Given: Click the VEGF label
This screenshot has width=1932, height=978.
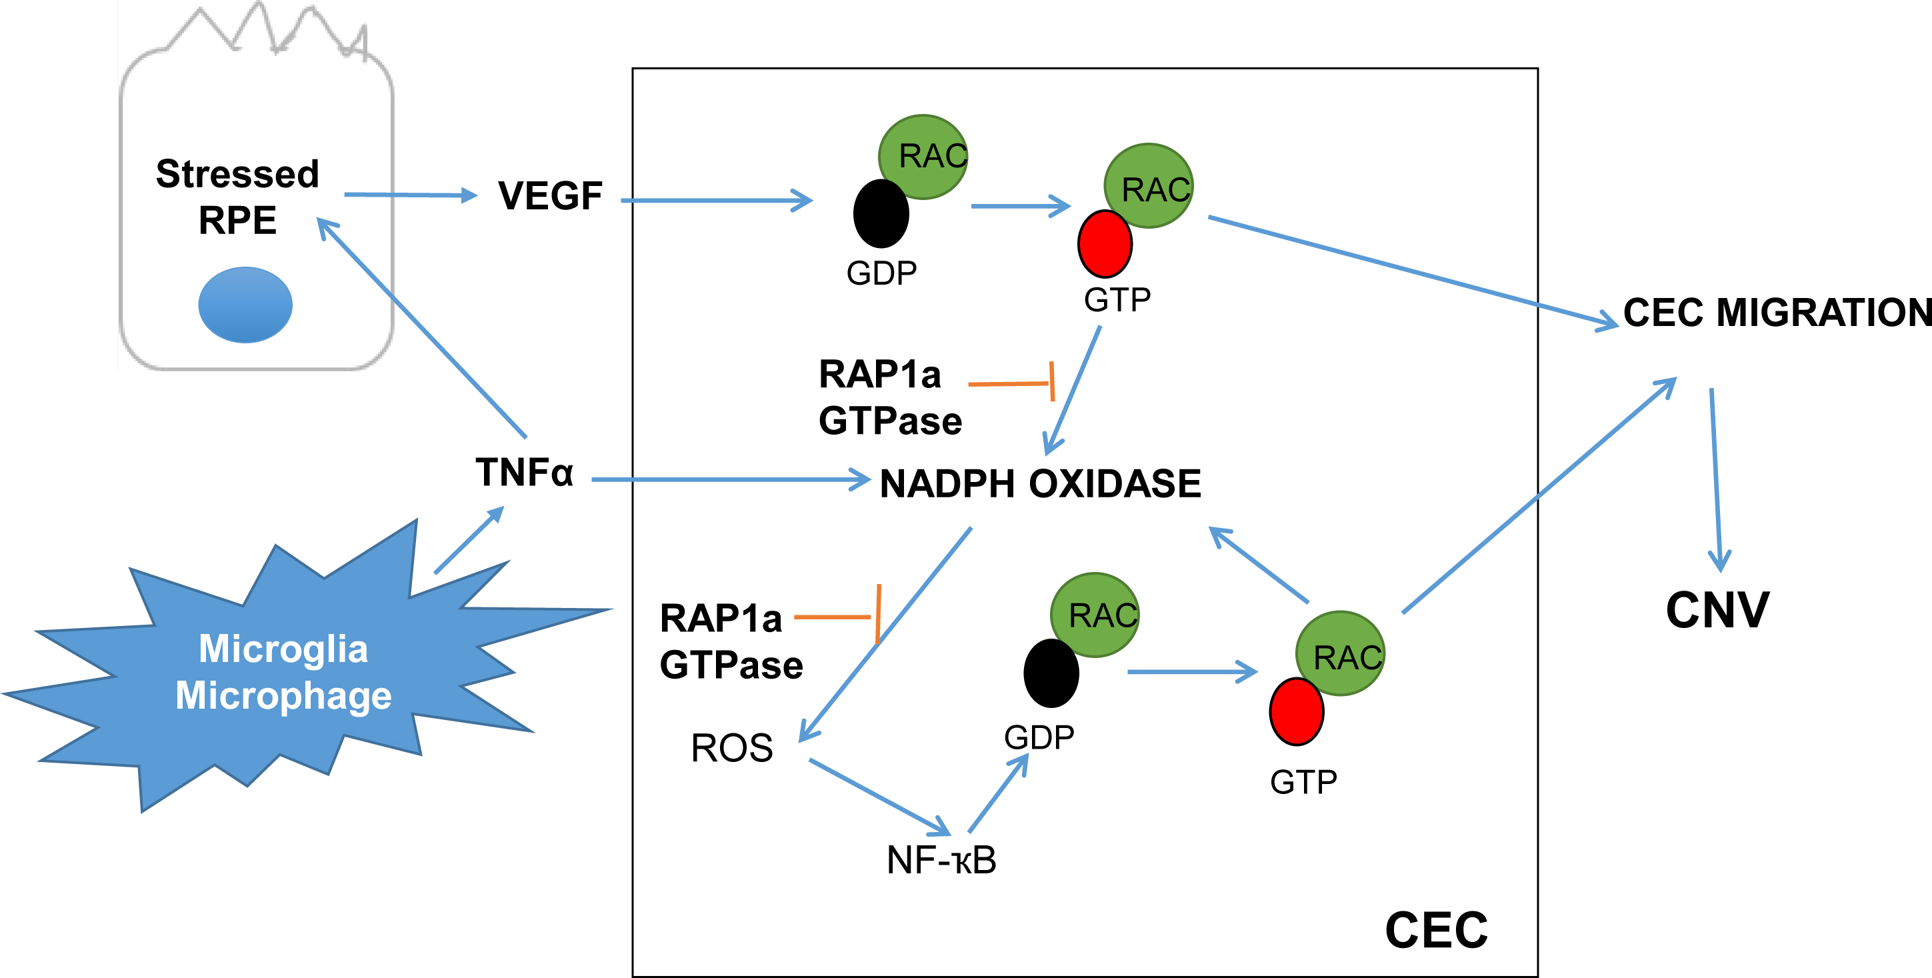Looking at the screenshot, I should click(x=550, y=196).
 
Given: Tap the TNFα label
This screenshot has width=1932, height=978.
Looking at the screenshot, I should click(x=524, y=473).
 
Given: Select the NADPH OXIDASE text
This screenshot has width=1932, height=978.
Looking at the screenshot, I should click(x=1039, y=484).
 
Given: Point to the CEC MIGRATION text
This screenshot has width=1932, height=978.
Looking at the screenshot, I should click(x=1776, y=313).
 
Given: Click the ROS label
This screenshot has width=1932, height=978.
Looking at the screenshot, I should click(x=731, y=748).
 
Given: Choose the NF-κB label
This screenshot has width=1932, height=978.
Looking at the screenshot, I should click(x=941, y=859).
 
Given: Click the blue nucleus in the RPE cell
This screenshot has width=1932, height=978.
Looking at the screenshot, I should click(x=245, y=305).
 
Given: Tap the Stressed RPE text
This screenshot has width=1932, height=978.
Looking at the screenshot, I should click(x=238, y=197).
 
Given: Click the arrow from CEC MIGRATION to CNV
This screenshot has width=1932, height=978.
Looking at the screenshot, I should click(x=1715, y=480).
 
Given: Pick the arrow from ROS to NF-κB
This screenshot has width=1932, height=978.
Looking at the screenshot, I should click(x=879, y=797).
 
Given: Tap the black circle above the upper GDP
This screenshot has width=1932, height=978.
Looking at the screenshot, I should click(x=881, y=214).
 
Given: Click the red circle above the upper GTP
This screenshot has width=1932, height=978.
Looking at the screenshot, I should click(x=1105, y=245).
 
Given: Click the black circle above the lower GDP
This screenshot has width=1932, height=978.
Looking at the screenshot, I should click(x=1051, y=673).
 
